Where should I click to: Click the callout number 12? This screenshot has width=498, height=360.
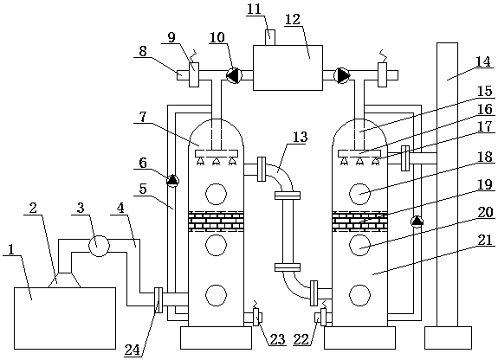(x=293, y=20)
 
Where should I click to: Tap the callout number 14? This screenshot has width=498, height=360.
(x=483, y=61)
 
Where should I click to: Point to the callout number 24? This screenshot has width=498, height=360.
(x=132, y=350)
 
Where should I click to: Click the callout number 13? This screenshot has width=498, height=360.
(x=301, y=137)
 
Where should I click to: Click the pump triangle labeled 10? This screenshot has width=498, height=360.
(x=234, y=75)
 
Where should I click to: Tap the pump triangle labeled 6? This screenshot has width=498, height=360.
(x=172, y=181)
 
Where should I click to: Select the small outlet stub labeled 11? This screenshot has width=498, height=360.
(x=270, y=37)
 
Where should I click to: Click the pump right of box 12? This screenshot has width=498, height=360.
(x=342, y=75)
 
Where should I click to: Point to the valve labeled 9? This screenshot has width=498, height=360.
(x=194, y=74)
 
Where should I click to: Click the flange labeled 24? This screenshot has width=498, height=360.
(x=158, y=300)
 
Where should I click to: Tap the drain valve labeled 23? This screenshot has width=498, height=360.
(x=256, y=317)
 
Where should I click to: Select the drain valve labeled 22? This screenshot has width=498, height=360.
(x=323, y=317)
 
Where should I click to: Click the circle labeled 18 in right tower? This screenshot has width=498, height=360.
(x=359, y=194)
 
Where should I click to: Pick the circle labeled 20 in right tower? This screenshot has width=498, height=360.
(x=359, y=245)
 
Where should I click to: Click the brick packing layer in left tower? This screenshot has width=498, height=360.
(x=216, y=221)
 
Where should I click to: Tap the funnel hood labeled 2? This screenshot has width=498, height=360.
(x=65, y=280)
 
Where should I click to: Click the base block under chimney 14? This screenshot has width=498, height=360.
(x=448, y=337)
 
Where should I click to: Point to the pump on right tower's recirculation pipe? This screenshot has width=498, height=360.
(x=417, y=221)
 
